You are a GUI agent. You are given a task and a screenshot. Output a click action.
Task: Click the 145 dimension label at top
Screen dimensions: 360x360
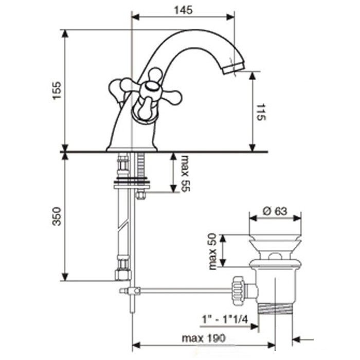tap(184, 10)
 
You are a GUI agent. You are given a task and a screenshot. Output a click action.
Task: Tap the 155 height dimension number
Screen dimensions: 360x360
tap(57, 91)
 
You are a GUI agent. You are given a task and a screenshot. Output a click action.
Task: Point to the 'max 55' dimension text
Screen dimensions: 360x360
tap(185, 174)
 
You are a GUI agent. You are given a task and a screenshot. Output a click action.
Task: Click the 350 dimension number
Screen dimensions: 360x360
tap(57, 217)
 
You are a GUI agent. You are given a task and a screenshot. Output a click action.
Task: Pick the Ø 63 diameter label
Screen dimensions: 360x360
tap(275, 211)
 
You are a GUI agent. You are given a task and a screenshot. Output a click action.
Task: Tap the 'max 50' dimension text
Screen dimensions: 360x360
tap(212, 251)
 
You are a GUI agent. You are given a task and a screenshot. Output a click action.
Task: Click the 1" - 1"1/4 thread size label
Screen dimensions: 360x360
tap(225, 319)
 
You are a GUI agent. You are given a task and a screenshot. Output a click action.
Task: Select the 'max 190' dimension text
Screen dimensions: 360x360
tap(204, 338)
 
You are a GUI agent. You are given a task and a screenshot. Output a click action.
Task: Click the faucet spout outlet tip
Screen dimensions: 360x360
tap(233, 68)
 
